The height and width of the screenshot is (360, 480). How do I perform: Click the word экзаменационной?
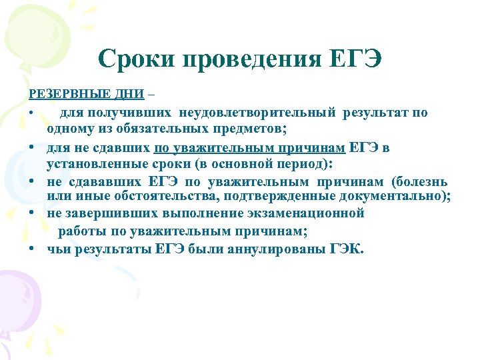(306, 213)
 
